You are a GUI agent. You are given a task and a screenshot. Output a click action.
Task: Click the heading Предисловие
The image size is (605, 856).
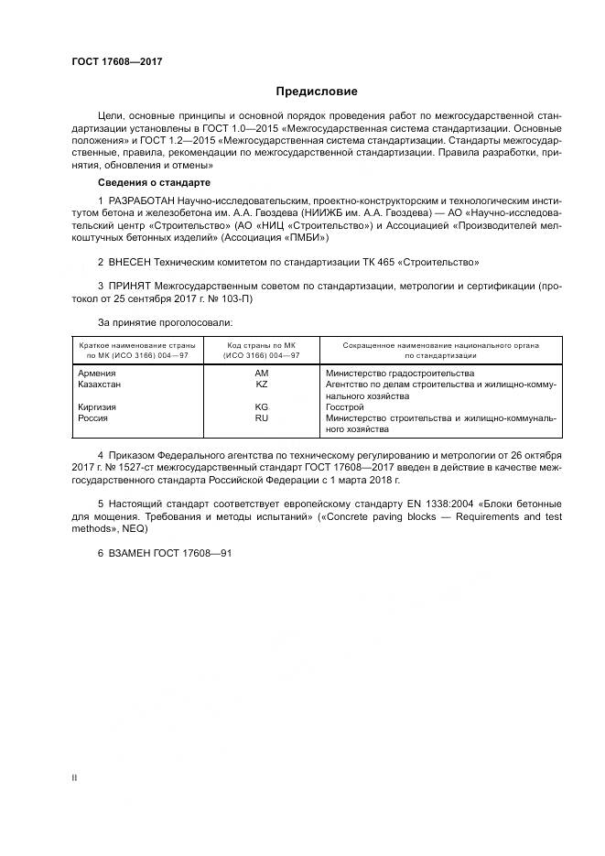(x=317, y=92)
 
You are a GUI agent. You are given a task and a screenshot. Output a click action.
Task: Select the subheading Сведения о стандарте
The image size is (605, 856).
(x=154, y=183)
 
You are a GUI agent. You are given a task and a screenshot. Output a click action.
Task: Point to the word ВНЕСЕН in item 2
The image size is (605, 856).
(x=133, y=262)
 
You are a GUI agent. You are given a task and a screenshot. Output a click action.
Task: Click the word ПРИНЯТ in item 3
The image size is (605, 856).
(x=132, y=287)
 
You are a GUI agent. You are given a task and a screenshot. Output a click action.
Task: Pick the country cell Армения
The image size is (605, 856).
(x=96, y=374)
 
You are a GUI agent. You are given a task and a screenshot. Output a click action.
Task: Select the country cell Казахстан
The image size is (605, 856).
(x=100, y=385)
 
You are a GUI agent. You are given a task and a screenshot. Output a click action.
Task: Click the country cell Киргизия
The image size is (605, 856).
(x=98, y=406)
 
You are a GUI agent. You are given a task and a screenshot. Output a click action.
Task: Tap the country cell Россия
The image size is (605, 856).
(x=93, y=417)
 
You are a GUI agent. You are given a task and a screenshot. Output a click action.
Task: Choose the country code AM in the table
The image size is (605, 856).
(x=261, y=374)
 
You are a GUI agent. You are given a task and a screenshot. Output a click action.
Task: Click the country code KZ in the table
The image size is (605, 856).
(x=261, y=385)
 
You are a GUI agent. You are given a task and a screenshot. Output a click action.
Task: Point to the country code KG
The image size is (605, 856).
(x=261, y=406)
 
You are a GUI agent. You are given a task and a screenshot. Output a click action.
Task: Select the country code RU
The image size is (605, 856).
(x=261, y=417)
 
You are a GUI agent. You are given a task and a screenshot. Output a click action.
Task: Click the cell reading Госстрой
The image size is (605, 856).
(x=345, y=406)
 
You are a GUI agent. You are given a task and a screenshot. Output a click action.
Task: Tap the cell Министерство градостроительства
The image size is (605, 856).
(x=400, y=374)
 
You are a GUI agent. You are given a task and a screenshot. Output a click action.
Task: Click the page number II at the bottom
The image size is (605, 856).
(x=74, y=777)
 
